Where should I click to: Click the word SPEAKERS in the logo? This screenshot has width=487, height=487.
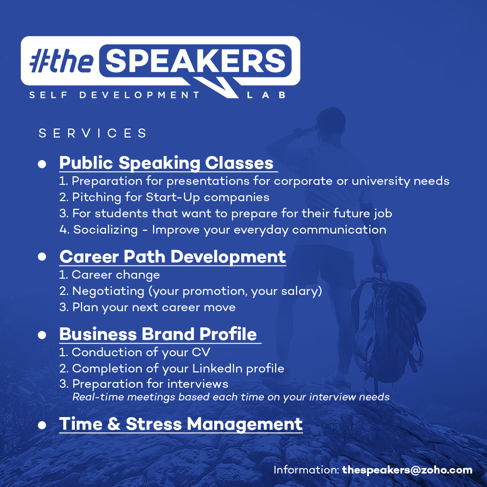coord(196,61)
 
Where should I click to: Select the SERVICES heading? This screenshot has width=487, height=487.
coord(92,133)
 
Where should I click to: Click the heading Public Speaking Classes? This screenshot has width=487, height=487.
coord(166,163)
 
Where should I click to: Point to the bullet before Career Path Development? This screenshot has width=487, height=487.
coord(42,257)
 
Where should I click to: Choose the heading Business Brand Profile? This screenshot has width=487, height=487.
coord(158,334)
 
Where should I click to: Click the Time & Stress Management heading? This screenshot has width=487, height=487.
coord(181,424)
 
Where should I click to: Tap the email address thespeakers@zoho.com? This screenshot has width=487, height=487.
coord(407,470)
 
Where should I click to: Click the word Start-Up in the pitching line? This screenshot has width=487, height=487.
coord(172,198)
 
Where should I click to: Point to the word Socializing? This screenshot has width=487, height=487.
coord(105,230)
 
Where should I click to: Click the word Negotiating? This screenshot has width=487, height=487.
coord(108,291)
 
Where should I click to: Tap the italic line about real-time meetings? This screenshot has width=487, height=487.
coord(231,397)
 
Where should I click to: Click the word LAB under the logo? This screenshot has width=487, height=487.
coord(266,95)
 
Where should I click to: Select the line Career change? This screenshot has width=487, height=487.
coord(109,275)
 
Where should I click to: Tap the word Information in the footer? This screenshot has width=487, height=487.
coord(306,470)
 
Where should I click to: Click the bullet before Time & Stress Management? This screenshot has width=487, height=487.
coord(42,425)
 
